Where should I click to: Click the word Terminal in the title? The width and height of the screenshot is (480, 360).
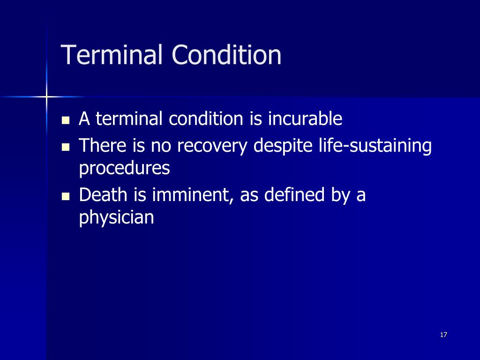112,55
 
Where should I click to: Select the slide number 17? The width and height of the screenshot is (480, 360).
443,335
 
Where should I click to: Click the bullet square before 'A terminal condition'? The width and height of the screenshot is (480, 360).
66,120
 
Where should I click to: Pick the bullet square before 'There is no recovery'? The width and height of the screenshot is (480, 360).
66,147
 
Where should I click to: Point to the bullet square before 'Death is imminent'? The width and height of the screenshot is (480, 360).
66,196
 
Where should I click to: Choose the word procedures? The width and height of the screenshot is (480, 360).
124,169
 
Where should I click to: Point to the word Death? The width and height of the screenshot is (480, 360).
101,195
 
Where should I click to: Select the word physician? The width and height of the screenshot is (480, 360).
116,217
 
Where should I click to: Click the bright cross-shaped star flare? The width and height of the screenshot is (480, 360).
46,97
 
